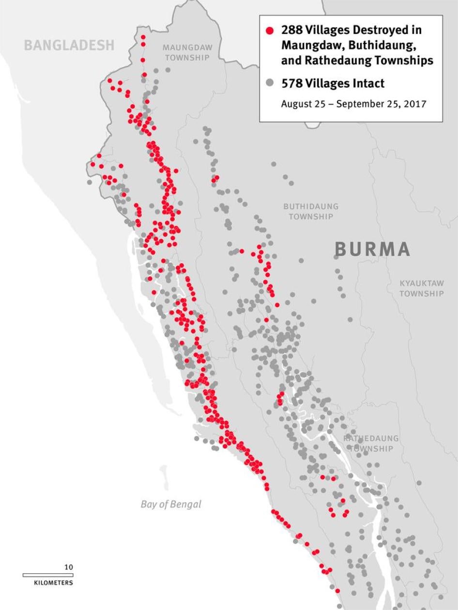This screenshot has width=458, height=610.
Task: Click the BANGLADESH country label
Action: click(x=69, y=45)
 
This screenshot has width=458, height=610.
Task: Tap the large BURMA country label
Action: click(x=372, y=249)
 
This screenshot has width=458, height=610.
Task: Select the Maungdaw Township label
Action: click(x=187, y=53)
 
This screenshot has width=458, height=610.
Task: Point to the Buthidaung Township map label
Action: click(x=311, y=211)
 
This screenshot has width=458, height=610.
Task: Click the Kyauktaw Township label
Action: click(x=421, y=288)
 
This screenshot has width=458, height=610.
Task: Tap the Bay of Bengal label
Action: click(x=170, y=504)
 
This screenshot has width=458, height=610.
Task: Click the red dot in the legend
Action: click(x=270, y=30)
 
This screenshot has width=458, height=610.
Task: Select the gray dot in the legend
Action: click(x=270, y=83)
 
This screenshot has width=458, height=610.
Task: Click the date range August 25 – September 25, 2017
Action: click(x=353, y=104)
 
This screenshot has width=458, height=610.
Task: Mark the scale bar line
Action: click(x=48, y=575)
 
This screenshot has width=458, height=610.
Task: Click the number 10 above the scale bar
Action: click(x=69, y=567)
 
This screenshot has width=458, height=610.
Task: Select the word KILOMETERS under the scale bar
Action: click(x=53, y=583)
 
